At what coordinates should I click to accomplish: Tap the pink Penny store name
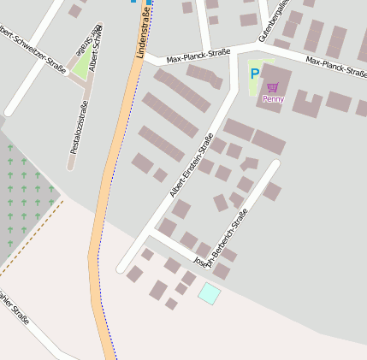(x=273, y=99)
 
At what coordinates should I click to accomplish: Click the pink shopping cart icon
(x=273, y=87)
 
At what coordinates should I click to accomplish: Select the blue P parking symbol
(x=254, y=74)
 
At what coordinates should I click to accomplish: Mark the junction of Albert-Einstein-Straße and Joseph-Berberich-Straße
(x=152, y=230)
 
